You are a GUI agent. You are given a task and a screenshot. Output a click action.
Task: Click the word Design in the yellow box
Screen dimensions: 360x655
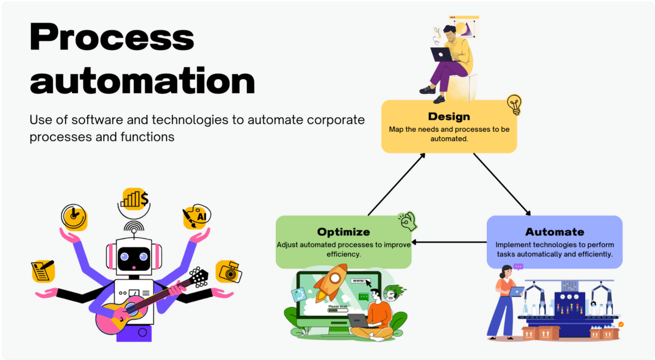click(449, 116)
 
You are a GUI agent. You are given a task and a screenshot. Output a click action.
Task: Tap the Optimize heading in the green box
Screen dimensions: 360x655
click(343, 232)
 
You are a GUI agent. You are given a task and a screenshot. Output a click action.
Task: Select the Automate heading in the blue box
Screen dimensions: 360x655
click(554, 232)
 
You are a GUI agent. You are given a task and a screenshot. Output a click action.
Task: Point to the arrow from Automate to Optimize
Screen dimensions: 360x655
click(449, 242)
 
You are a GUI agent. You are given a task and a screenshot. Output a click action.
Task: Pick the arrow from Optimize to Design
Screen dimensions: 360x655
click(397, 184)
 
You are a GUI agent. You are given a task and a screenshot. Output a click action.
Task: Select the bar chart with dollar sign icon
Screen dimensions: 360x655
click(135, 199)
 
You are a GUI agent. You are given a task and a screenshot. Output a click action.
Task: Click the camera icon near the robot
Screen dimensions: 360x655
click(228, 272)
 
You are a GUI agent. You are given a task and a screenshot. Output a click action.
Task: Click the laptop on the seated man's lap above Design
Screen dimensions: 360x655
click(441, 55)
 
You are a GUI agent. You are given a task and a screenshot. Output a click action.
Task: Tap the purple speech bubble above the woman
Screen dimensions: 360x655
click(518, 267)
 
